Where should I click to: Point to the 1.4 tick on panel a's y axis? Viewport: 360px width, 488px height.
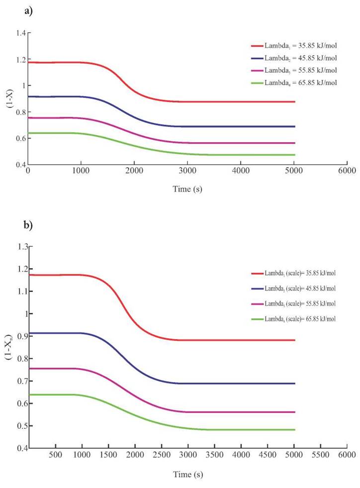click(x=20, y=33)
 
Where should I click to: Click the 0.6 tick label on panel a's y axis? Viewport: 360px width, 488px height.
click(x=20, y=138)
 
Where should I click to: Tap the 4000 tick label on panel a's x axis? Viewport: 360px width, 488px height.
click(x=241, y=171)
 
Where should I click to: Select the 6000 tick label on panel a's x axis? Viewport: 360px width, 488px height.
click(x=346, y=171)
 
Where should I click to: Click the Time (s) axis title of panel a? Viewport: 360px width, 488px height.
click(x=187, y=189)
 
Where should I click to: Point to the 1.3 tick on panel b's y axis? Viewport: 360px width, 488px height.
click(x=20, y=246)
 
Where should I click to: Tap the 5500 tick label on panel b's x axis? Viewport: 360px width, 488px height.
click(x=320, y=454)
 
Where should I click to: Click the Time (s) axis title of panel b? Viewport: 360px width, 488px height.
click(x=187, y=474)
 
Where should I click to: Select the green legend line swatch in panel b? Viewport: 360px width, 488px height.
click(x=257, y=319)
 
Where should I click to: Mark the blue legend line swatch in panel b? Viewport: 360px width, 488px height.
click(x=257, y=289)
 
